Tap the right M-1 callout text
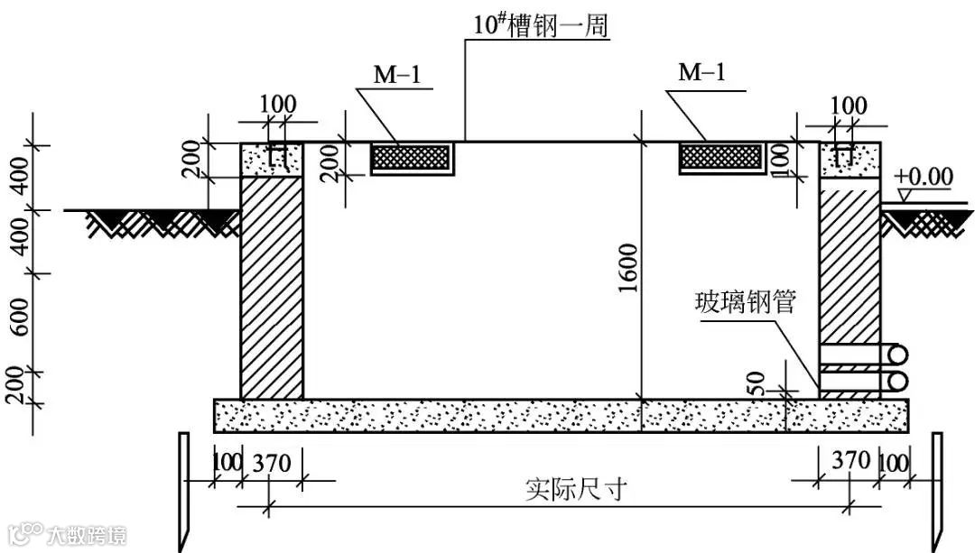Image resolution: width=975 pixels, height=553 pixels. (701, 73)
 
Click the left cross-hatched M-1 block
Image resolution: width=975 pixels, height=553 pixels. (412, 157)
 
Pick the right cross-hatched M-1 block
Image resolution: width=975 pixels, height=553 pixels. (720, 157)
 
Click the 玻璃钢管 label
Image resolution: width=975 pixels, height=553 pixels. (745, 302)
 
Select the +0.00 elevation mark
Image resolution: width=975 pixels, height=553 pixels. (924, 177)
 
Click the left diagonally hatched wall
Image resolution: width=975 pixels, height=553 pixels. (271, 287)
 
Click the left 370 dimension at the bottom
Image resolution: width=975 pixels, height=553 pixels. (271, 464)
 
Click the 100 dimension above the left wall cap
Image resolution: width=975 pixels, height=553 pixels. (277, 105)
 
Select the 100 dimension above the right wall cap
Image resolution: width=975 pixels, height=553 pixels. (848, 105)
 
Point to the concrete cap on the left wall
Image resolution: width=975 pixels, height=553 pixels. (271, 160)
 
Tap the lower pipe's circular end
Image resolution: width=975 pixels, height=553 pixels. (898, 381)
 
